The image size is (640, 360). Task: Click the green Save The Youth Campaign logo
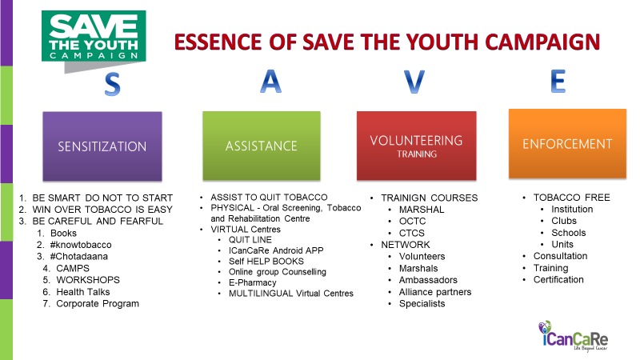click(x=94, y=41)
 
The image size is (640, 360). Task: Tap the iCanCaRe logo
click(x=573, y=335)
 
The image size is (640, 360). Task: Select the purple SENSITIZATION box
click(x=102, y=146)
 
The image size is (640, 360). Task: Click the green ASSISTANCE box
click(x=262, y=146)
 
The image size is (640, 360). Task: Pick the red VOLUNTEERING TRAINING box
click(x=416, y=146)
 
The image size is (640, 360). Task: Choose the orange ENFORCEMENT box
click(x=567, y=144)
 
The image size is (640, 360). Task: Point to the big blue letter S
click(x=112, y=84)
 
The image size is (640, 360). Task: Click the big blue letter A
click(x=270, y=82)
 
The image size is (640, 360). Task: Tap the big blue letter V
click(x=414, y=82)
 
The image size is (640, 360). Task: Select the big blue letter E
click(x=558, y=81)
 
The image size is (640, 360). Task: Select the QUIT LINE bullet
click(x=250, y=239)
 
